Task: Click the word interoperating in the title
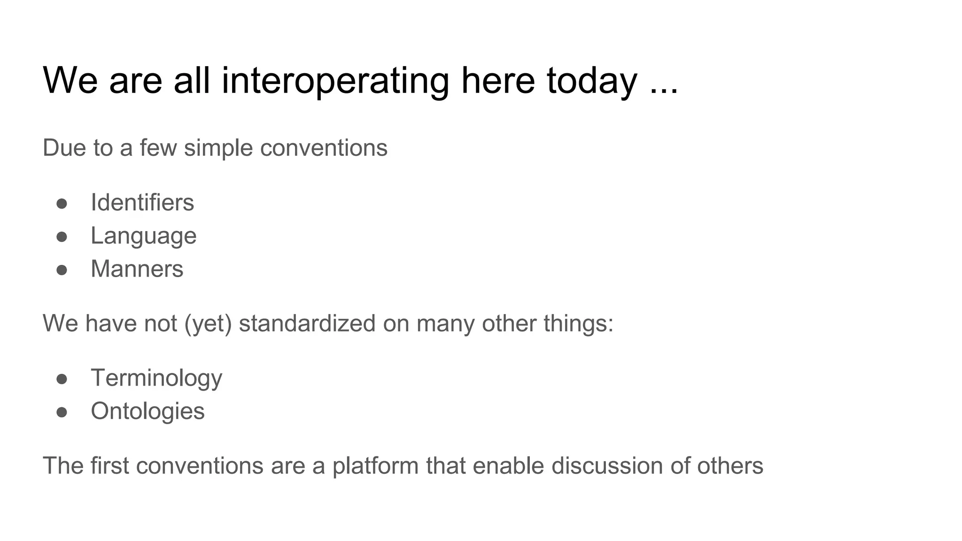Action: tap(335, 81)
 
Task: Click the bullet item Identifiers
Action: tap(142, 203)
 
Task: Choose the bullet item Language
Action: tap(143, 236)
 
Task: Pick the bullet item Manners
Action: tap(137, 269)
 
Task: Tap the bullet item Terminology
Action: tap(156, 378)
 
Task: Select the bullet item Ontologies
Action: tap(147, 411)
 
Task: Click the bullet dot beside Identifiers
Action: tap(62, 204)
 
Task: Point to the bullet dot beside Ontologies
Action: tap(62, 412)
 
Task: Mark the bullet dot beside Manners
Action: tap(62, 270)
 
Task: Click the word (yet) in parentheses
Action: tap(208, 324)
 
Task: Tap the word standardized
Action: tap(307, 324)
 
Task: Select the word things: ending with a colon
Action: tap(578, 324)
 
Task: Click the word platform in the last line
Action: tap(375, 466)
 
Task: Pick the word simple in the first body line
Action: tap(218, 148)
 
